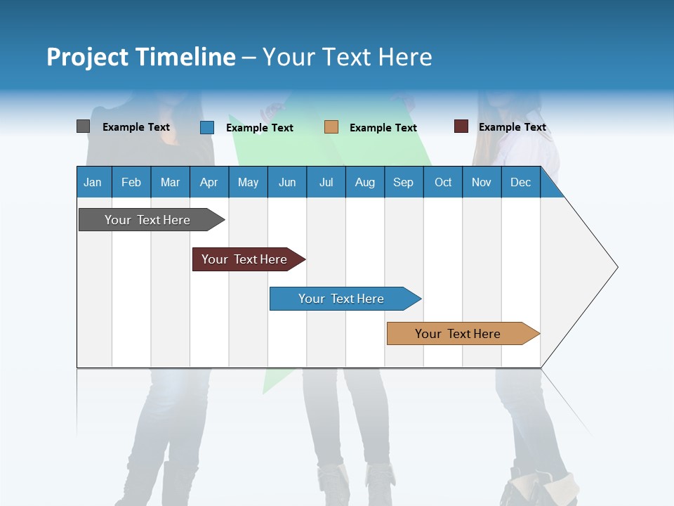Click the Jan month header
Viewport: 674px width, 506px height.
pos(93,182)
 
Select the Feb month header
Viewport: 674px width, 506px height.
pos(131,182)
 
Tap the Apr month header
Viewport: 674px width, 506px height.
pos(209,182)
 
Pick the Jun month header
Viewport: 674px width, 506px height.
pos(287,182)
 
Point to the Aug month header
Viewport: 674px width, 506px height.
pos(365,182)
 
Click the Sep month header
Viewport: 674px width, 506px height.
pos(404,182)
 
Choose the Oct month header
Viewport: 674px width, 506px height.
pos(443,182)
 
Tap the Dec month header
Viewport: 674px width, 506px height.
pos(521,182)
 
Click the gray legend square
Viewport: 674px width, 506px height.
pos(83,126)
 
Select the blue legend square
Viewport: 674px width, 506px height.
pos(206,127)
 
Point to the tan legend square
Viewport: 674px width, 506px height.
pos(331,127)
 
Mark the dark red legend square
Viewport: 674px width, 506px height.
pos(461,126)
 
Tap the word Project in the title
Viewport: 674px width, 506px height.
pos(88,57)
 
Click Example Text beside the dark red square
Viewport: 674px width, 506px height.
pos(512,127)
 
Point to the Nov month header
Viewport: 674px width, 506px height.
pos(482,182)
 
